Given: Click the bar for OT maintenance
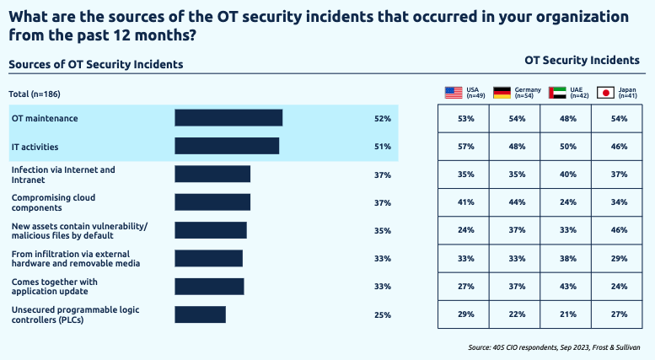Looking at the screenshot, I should (x=228, y=118).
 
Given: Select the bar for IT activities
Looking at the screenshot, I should (x=226, y=147).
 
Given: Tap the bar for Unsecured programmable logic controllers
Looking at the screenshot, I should (x=200, y=314).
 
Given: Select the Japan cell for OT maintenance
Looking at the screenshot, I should (x=618, y=119).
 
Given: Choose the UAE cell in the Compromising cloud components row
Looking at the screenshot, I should (x=566, y=202).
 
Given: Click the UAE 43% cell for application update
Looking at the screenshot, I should (x=566, y=286).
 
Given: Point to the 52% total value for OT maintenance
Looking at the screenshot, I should (x=383, y=119).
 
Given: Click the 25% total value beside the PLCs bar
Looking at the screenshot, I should (x=383, y=314).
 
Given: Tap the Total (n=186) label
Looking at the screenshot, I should (x=35, y=94).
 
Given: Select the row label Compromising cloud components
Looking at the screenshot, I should (x=53, y=201).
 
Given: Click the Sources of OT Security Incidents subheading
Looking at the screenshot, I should (x=96, y=64).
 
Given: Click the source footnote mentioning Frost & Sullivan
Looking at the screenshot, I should (x=554, y=347).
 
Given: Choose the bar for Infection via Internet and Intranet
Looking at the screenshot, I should (x=212, y=175).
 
